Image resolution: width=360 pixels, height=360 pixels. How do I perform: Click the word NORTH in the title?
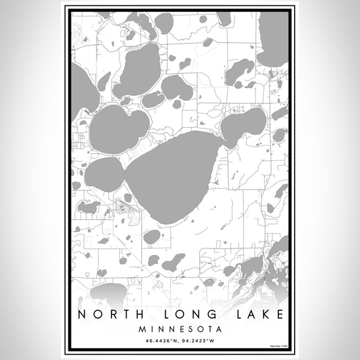coord(107,314)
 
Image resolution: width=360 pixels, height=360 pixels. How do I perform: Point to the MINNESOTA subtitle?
coord(180,329)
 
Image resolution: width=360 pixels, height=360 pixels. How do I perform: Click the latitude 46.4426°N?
coord(158,342)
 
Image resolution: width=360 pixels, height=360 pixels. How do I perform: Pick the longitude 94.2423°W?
coord(202,342)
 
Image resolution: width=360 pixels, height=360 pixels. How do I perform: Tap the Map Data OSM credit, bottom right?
coord(277,346)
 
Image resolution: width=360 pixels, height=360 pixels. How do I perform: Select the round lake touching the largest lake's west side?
coord(104,175)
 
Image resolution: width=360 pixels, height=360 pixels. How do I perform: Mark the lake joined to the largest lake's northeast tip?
coord(243,124)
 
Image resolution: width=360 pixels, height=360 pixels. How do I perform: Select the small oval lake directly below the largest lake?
coord(152,236)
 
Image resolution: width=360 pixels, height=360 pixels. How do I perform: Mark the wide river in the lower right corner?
coord(264,264)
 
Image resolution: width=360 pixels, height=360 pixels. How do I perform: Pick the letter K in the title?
coord(256,314)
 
